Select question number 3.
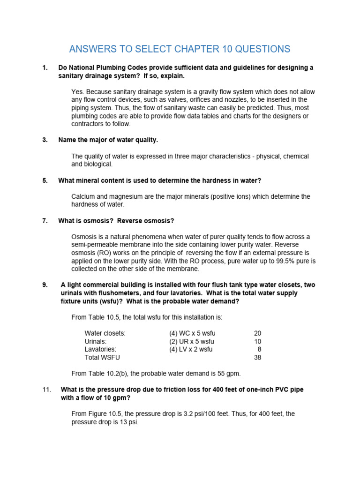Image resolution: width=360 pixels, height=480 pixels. tap(45, 140)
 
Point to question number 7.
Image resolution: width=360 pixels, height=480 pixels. tap(45, 221)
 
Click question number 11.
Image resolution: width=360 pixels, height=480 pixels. tap(46, 390)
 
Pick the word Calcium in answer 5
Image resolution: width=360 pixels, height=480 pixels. tap(83, 196)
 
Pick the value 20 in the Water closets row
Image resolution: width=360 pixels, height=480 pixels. tap(257, 333)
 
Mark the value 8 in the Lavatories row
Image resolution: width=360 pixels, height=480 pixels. tap(259, 349)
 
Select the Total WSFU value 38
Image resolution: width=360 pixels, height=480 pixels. tap(257, 357)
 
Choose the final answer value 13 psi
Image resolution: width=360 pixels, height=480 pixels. tap(128, 422)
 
